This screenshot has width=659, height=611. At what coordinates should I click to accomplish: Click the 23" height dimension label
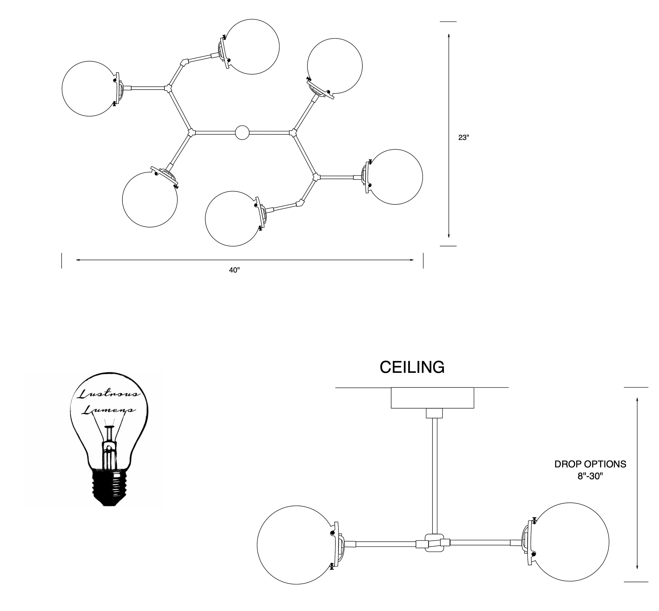pyautogui.click(x=463, y=138)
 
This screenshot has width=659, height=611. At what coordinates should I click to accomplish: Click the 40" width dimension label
pyautogui.click(x=234, y=270)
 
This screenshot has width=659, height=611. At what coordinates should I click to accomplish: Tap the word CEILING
pyautogui.click(x=412, y=367)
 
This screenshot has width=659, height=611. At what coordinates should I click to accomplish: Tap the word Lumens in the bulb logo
pyautogui.click(x=108, y=410)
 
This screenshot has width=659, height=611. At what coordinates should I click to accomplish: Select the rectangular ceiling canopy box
pyautogui.click(x=432, y=398)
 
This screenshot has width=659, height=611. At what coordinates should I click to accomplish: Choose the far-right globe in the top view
pyautogui.click(x=395, y=177)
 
